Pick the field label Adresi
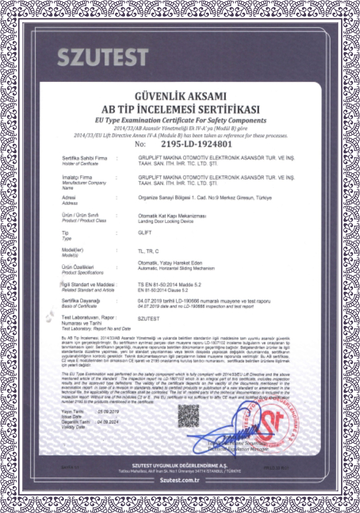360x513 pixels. (x=69, y=197)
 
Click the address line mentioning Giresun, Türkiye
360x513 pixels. (x=205, y=198)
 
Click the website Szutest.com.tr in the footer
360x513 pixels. (x=180, y=479)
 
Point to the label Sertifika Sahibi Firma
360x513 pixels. (x=81, y=157)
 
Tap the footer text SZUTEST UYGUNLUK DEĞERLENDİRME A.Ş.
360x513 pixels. (x=180, y=464)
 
